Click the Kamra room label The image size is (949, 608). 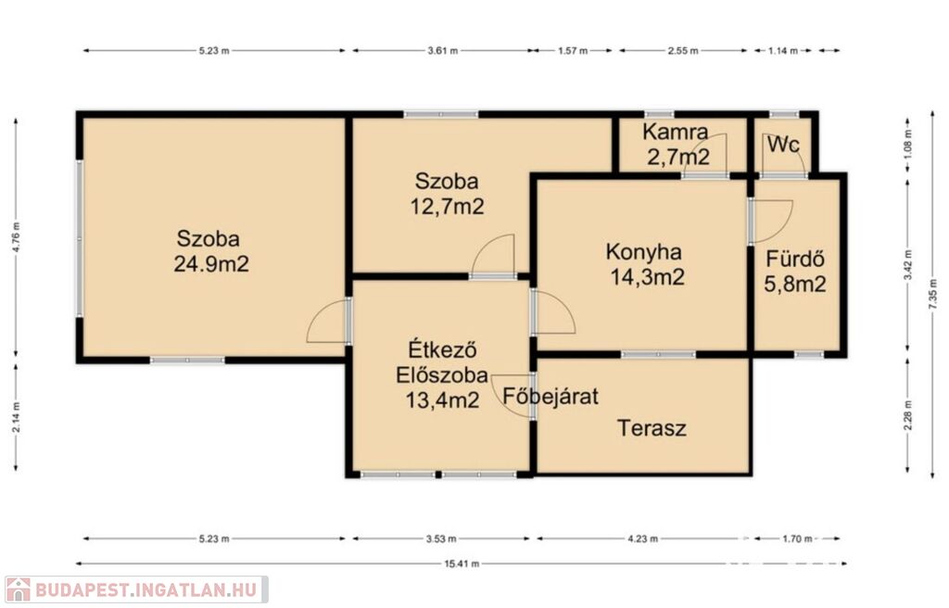pyautogui.click(x=675, y=132)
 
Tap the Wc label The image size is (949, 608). pyautogui.click(x=784, y=145)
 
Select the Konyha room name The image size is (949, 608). pyautogui.click(x=644, y=251)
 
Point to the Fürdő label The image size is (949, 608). pyautogui.click(x=795, y=259)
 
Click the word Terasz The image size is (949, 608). pyautogui.click(x=652, y=428)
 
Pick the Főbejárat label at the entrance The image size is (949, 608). pyautogui.click(x=550, y=396)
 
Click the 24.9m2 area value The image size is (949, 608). pyautogui.click(x=211, y=264)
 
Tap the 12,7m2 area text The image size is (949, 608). pyautogui.click(x=448, y=207)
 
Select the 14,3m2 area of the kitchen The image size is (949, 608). pyautogui.click(x=647, y=277)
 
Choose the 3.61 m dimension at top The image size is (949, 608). pyautogui.click(x=442, y=51)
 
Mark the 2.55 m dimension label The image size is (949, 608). pyautogui.click(x=683, y=51)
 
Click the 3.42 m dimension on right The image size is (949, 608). pyautogui.click(x=907, y=265)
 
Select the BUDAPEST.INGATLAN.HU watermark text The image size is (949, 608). pyautogui.click(x=146, y=589)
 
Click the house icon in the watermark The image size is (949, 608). pyautogui.click(x=19, y=589)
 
